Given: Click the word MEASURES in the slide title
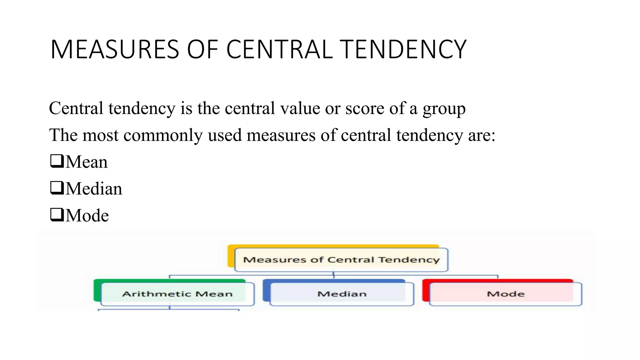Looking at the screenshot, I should coord(115,49).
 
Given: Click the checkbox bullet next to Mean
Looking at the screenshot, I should coord(57,161).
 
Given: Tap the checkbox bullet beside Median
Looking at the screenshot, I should coord(57,188).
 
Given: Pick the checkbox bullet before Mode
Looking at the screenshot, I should coord(57,215).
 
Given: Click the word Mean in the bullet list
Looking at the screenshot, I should coord(87,162).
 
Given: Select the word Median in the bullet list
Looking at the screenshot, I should coord(94,189).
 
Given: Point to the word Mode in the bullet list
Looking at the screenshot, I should coord(87,216).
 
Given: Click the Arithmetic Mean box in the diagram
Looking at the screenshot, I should coord(177,294).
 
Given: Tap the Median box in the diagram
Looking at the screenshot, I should coord(342,294).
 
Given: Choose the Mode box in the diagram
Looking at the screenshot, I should coord(506,294).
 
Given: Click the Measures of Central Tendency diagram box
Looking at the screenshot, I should coord(341,260).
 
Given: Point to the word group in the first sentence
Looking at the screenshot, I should coord(444,109).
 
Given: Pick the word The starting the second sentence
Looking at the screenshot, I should coord(63,135).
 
